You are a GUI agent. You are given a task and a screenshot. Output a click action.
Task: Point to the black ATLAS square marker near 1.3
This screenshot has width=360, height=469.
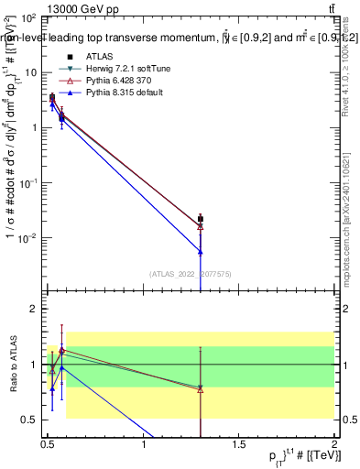(x=201, y=219)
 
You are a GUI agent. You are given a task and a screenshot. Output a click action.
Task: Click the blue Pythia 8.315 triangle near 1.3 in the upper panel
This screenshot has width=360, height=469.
(x=201, y=251)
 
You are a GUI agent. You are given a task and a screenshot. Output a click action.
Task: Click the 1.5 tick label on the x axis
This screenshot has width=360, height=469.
(x=239, y=448)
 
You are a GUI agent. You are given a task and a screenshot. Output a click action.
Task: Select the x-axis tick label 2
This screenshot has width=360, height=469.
(x=334, y=448)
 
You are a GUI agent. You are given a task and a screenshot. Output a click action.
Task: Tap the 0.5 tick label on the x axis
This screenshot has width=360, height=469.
(x=48, y=448)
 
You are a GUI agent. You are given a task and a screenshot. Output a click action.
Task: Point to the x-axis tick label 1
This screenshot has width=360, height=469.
(x=144, y=448)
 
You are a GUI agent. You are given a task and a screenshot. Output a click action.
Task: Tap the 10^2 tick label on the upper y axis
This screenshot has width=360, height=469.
(x=27, y=18)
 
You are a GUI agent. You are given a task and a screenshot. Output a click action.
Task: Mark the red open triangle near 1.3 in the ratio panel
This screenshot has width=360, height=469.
(x=201, y=388)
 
